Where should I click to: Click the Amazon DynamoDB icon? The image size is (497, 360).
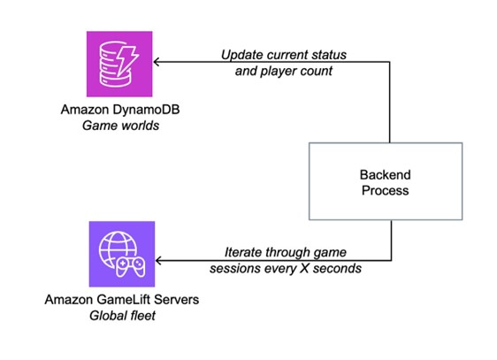(x=119, y=64)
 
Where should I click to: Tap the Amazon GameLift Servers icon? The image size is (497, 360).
(x=122, y=254)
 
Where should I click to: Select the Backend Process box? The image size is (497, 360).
(x=386, y=181)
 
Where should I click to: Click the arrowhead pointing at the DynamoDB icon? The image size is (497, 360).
(x=157, y=62)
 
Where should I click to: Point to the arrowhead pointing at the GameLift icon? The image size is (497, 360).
(x=159, y=261)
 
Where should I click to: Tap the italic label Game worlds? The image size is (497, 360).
(x=120, y=126)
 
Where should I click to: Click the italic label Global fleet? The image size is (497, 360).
(x=122, y=316)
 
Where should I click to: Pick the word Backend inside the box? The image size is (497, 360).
(x=385, y=175)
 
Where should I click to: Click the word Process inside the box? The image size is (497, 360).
(x=385, y=190)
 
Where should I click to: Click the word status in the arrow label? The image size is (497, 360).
(x=329, y=55)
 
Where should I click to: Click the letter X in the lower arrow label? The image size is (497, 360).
(x=304, y=268)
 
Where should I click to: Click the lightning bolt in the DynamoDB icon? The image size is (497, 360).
(x=126, y=62)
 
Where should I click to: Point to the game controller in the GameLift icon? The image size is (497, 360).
(x=130, y=267)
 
